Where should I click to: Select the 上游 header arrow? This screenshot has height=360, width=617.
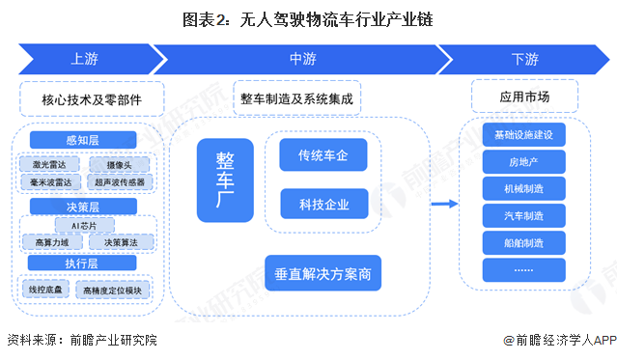click(85, 58)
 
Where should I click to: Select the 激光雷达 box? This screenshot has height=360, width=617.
click(48, 164)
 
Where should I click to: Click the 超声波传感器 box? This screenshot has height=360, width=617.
click(120, 180)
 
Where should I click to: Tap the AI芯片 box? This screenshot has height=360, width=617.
click(83, 225)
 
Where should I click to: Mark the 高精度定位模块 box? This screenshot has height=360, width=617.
click(112, 289)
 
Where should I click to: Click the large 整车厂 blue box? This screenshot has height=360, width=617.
click(224, 179)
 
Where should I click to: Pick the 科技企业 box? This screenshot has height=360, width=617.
click(323, 204)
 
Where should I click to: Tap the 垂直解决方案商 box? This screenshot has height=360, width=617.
click(323, 272)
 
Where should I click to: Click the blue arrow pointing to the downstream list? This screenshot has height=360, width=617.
click(443, 203)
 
